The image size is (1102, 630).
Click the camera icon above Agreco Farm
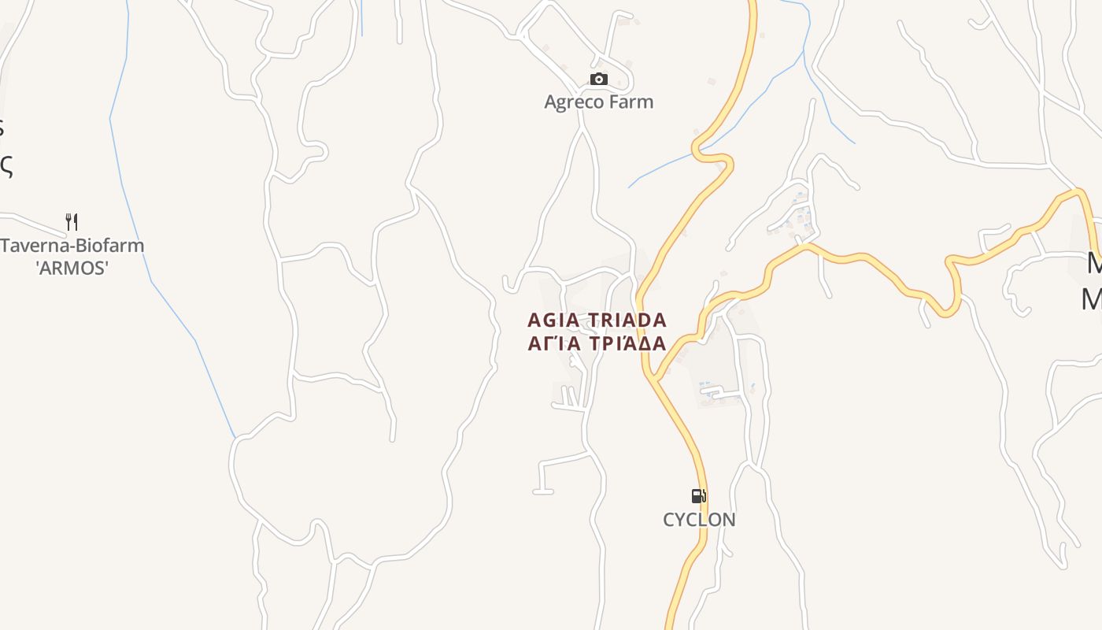tap(599, 80)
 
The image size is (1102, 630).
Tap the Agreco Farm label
tap(599, 102)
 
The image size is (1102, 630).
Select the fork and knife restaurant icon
tap(72, 221)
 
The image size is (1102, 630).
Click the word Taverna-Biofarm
tap(72, 245)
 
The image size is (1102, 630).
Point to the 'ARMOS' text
tap(72, 268)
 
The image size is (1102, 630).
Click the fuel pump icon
tap(698, 496)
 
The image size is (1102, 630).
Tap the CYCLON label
tap(699, 520)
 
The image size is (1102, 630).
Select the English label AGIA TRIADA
tap(597, 321)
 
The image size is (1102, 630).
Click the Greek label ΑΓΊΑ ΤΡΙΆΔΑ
tap(597, 343)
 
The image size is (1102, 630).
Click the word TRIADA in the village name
tap(627, 321)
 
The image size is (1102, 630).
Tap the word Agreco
tap(574, 102)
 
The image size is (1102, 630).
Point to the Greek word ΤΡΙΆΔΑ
tap(627, 343)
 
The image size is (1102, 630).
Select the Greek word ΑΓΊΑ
tap(554, 343)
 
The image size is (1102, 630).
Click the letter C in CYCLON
tap(669, 520)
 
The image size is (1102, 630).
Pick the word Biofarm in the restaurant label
tap(107, 245)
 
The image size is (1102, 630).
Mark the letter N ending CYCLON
tap(729, 520)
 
